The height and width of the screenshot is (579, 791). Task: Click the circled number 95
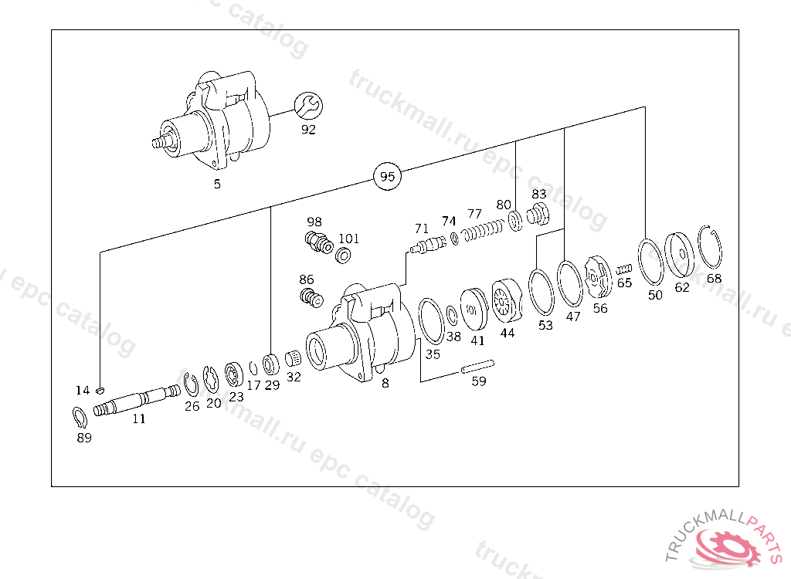click(388, 177)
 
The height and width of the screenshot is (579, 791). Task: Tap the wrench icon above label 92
click(308, 107)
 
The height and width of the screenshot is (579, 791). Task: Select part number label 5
click(217, 184)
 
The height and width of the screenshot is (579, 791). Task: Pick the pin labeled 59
click(477, 366)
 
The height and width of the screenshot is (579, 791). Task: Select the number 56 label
click(600, 308)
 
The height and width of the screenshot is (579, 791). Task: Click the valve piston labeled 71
click(426, 247)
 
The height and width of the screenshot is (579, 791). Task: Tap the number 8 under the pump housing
click(385, 382)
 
